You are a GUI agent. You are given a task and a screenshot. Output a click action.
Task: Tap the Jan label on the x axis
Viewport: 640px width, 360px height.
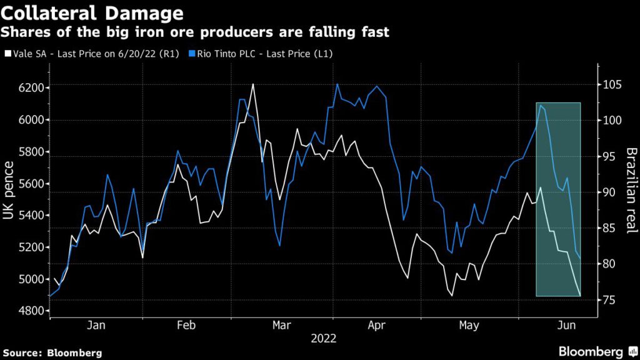pyautogui.click(x=96, y=325)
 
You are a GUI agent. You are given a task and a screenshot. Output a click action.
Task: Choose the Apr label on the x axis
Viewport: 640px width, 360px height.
pyautogui.click(x=377, y=325)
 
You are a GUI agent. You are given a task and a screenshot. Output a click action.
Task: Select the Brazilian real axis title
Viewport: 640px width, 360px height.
pyautogui.click(x=630, y=191)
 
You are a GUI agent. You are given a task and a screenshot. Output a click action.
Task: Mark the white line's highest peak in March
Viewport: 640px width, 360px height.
pyautogui.click(x=253, y=84)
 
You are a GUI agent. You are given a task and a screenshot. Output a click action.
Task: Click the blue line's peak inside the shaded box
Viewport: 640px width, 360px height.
pyautogui.click(x=540, y=105)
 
